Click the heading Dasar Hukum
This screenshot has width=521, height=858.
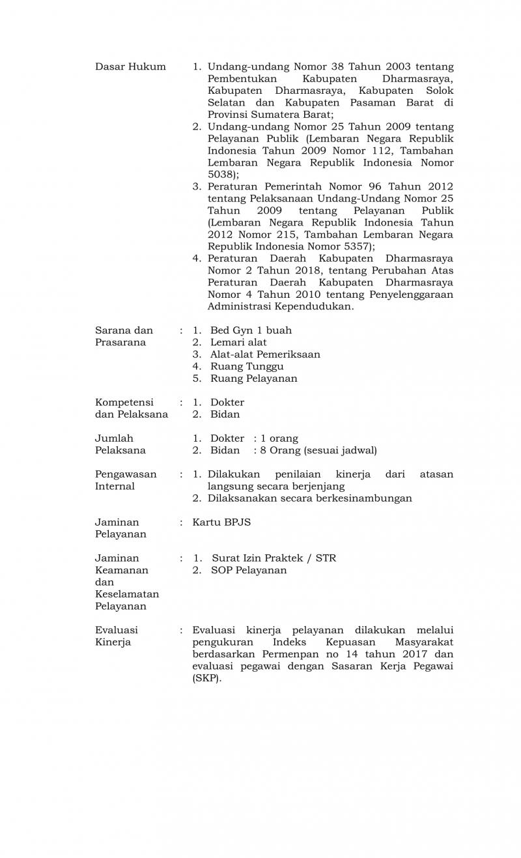click(x=130, y=66)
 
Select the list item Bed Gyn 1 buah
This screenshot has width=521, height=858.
click(x=251, y=330)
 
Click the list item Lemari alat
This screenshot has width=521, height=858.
click(x=238, y=342)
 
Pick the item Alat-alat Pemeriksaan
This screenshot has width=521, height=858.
click(x=265, y=354)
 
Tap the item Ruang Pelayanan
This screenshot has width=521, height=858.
click(x=253, y=379)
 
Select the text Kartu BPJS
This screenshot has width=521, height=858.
click(x=221, y=522)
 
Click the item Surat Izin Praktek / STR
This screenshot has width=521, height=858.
click(x=274, y=558)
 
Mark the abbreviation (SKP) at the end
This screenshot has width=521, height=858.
click(x=206, y=678)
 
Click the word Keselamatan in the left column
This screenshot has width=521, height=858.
click(x=127, y=594)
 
